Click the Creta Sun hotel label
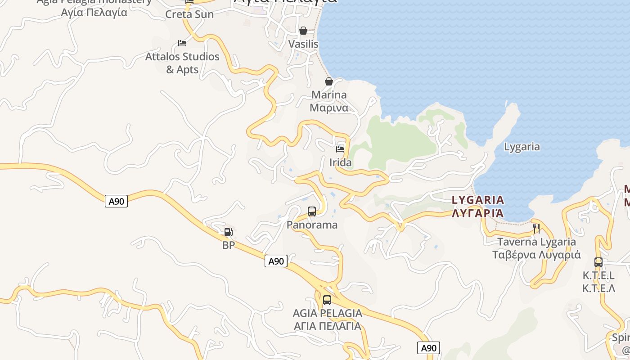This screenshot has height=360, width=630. (x=189, y=14)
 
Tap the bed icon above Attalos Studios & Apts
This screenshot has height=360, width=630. (x=182, y=43)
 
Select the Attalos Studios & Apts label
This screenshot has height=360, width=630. (x=182, y=63)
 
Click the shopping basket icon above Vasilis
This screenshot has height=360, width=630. (x=303, y=31)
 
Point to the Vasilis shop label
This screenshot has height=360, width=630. (x=303, y=44)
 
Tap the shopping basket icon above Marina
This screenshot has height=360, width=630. (x=329, y=81)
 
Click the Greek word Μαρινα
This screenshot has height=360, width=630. (x=329, y=108)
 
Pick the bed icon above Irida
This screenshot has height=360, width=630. (x=340, y=149)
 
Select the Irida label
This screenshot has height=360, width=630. (x=341, y=162)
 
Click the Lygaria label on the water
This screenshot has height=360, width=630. (x=522, y=147)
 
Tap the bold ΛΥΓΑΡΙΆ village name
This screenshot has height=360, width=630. (x=478, y=213)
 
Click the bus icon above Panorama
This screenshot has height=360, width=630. (x=312, y=211)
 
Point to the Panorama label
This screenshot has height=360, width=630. (x=312, y=225)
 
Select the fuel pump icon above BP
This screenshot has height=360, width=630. (x=229, y=232)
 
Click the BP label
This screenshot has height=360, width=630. (x=229, y=246)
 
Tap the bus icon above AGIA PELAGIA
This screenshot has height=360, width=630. (x=327, y=300)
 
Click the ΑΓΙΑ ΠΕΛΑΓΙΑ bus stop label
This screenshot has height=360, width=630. (x=327, y=326)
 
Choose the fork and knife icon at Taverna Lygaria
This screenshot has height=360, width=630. (x=536, y=228)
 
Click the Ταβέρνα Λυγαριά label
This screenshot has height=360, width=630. (x=536, y=255)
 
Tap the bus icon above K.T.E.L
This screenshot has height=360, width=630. (x=598, y=262)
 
